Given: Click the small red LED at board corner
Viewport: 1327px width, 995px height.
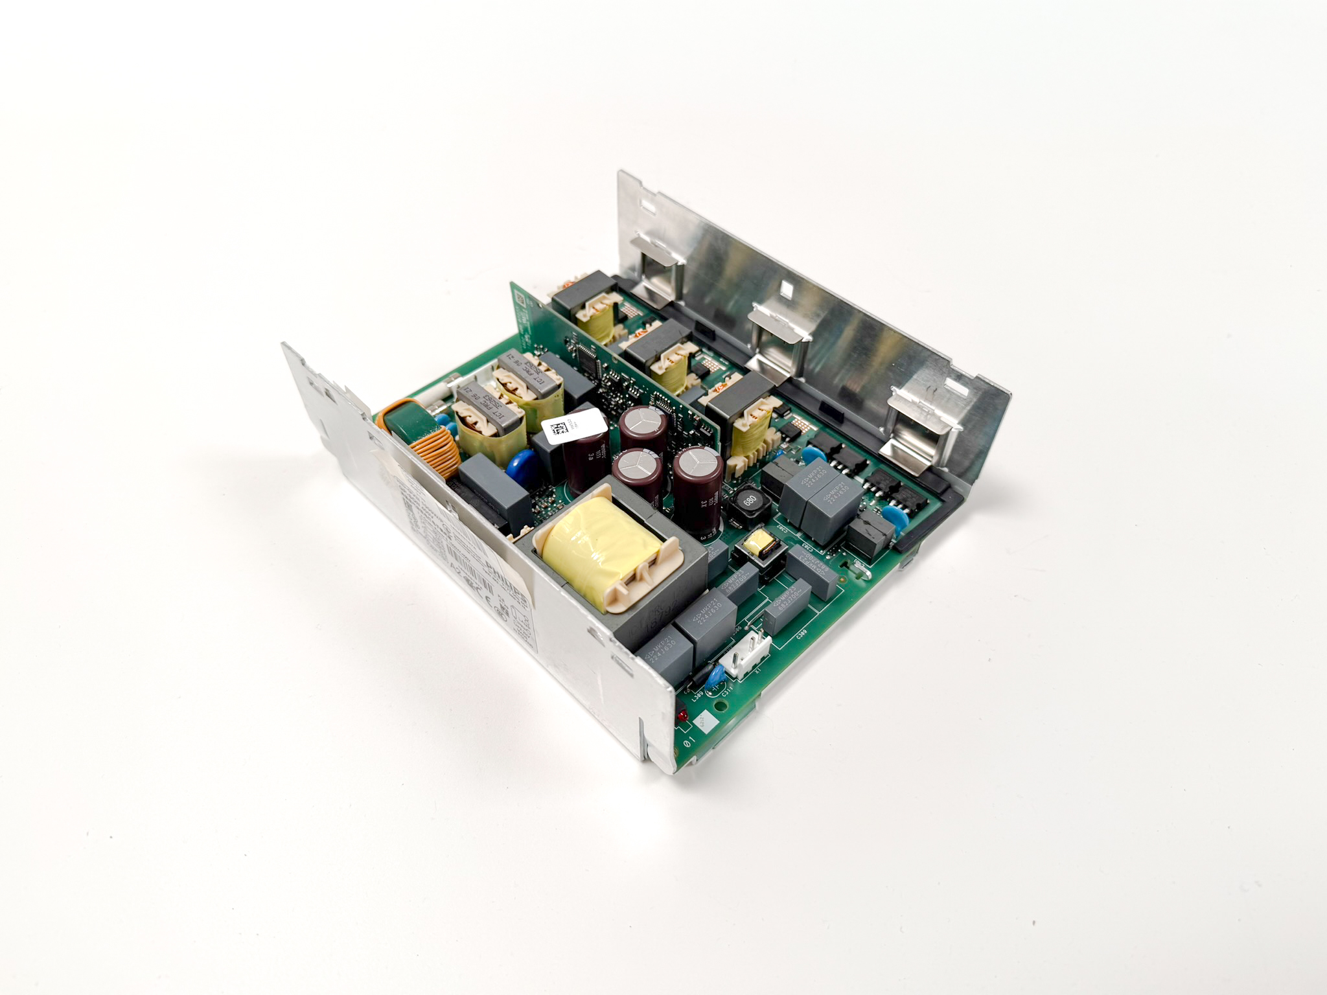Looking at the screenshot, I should click(682, 716).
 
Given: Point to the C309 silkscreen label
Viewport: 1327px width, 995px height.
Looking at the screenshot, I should click(801, 634).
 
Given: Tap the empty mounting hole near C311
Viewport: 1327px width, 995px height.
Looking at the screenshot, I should click(721, 705).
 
